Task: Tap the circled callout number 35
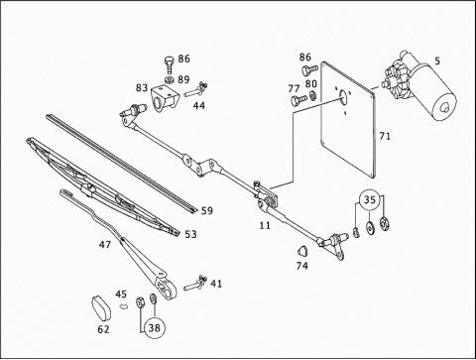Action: click(x=370, y=199)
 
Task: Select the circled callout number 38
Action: click(x=155, y=327)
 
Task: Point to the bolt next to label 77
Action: click(x=297, y=99)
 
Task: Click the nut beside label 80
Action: click(x=312, y=96)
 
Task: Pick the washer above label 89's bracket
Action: click(x=169, y=79)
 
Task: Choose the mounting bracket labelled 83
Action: click(x=165, y=98)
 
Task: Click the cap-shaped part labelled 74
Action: click(x=302, y=251)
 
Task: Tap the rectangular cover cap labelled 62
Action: click(x=101, y=308)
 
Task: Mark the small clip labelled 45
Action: click(x=124, y=306)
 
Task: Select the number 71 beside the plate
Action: click(x=385, y=136)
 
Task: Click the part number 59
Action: click(x=207, y=210)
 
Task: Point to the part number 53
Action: click(x=190, y=234)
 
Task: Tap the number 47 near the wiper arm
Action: click(x=105, y=245)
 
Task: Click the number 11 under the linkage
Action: click(x=265, y=225)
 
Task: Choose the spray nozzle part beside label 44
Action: click(x=196, y=89)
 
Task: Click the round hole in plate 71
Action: click(x=343, y=96)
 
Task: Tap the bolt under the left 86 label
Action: click(x=169, y=64)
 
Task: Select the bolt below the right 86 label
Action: click(x=309, y=69)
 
